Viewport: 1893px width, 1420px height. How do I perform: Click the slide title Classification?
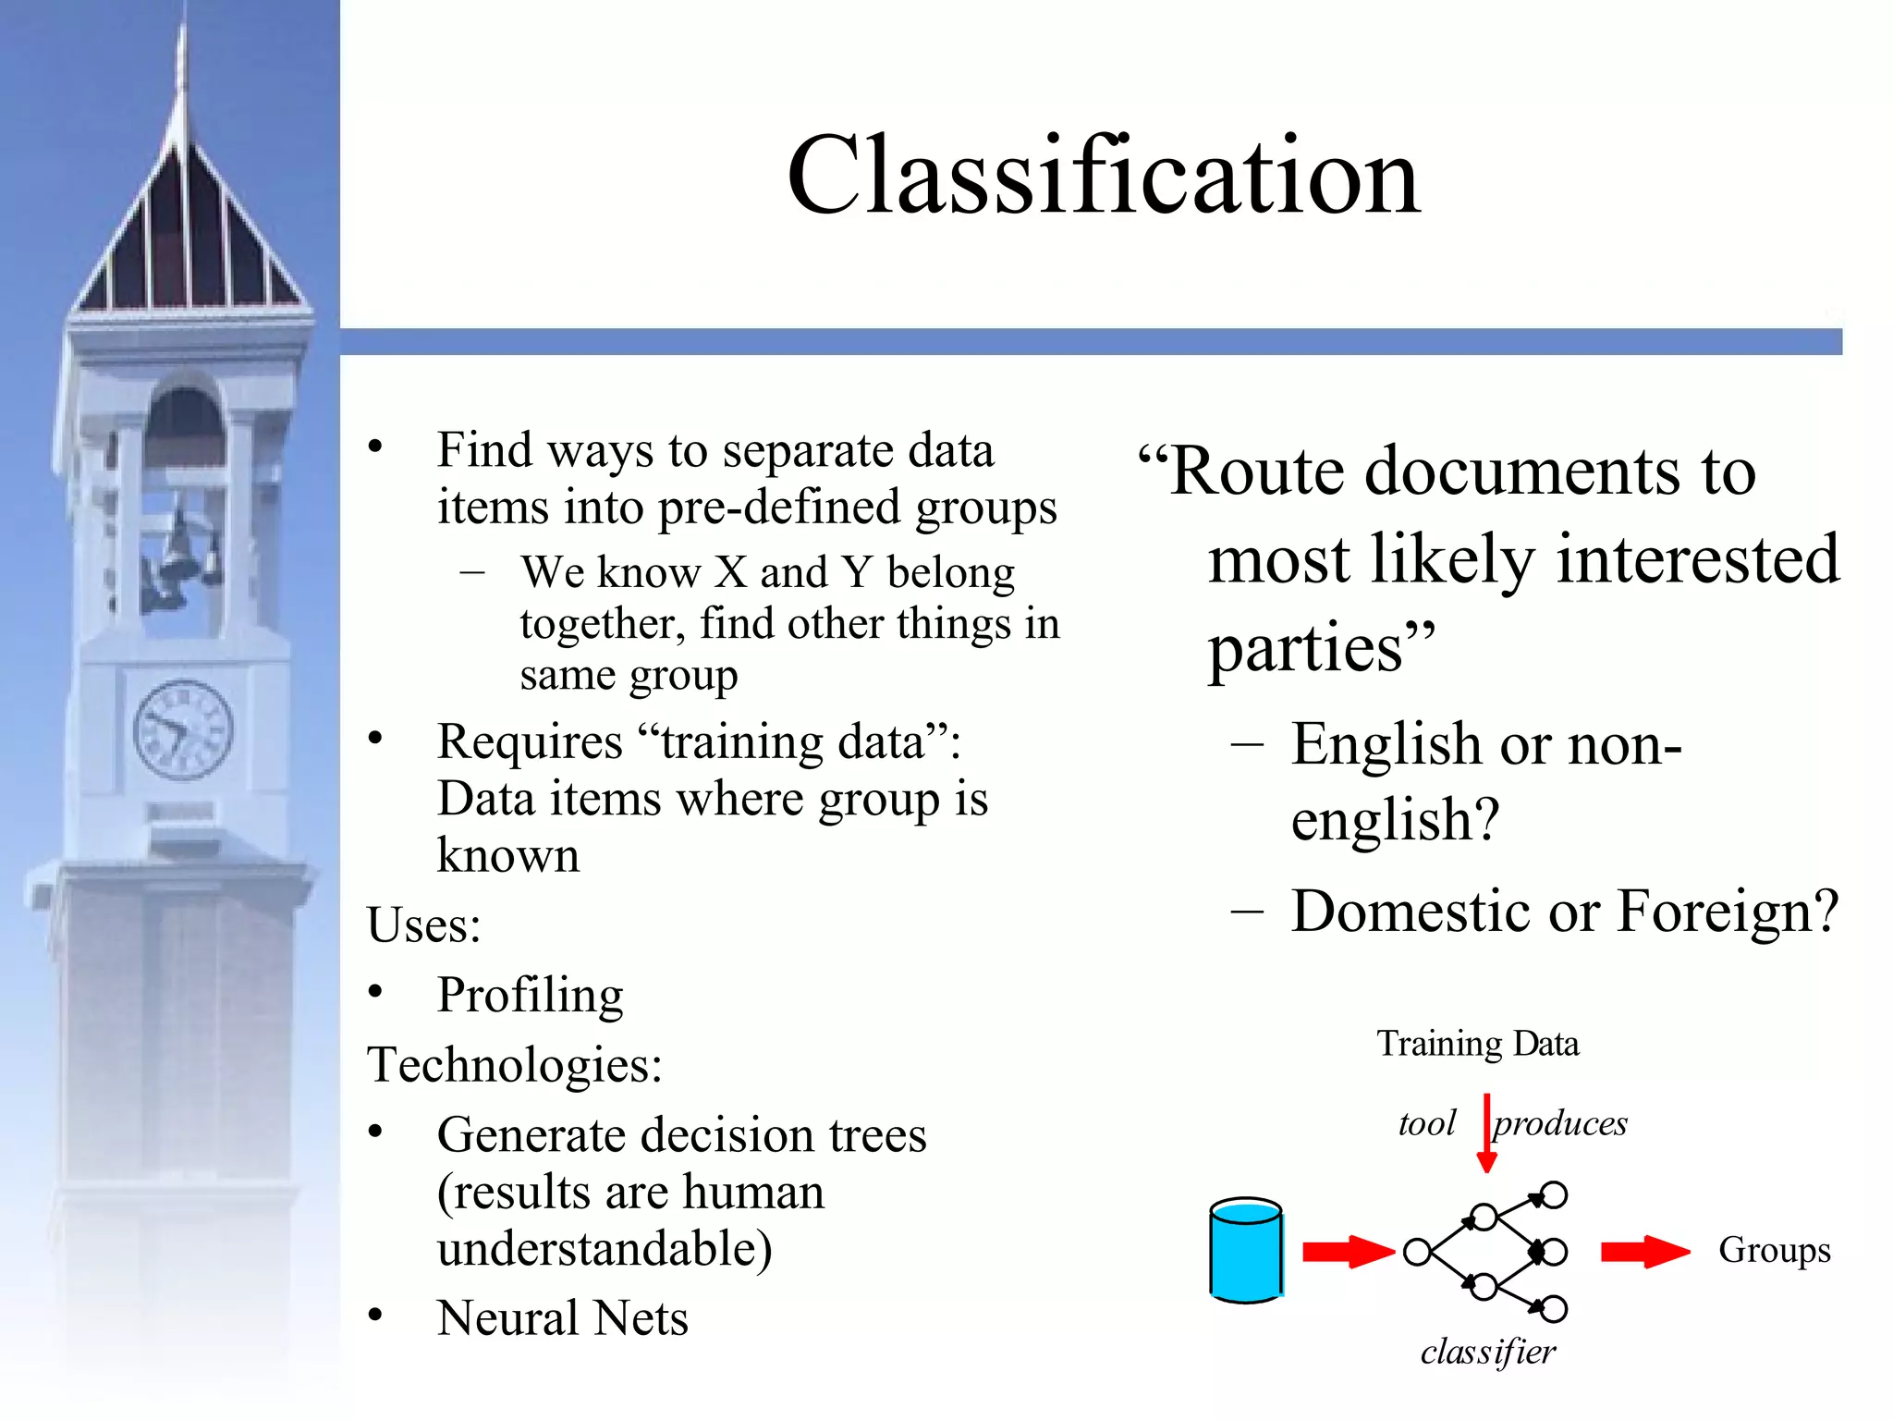(1103, 175)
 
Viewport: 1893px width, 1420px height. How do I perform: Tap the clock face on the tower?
(183, 729)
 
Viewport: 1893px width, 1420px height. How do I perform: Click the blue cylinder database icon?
(1245, 1250)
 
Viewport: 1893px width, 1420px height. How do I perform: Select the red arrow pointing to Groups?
(1644, 1252)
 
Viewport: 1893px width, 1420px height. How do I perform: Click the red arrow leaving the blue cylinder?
(1348, 1252)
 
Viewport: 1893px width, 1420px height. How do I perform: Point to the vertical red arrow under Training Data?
(1486, 1132)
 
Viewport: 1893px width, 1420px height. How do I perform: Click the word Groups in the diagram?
(1774, 1250)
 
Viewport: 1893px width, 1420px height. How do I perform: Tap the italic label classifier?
(1487, 1352)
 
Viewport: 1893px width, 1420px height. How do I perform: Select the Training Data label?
(1477, 1044)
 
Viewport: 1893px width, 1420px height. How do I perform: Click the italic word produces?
(1560, 1123)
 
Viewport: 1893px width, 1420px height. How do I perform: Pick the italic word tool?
(1426, 1123)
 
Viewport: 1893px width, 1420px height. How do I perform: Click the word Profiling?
(530, 996)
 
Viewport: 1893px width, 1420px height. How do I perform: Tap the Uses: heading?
(424, 924)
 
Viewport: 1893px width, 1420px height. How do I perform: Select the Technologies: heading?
(515, 1064)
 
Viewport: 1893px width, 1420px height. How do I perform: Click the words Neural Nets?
(562, 1317)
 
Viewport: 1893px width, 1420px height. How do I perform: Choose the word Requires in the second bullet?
(530, 742)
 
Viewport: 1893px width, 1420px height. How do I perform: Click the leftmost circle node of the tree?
(1416, 1253)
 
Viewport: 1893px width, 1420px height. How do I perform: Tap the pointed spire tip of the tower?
(183, 37)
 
